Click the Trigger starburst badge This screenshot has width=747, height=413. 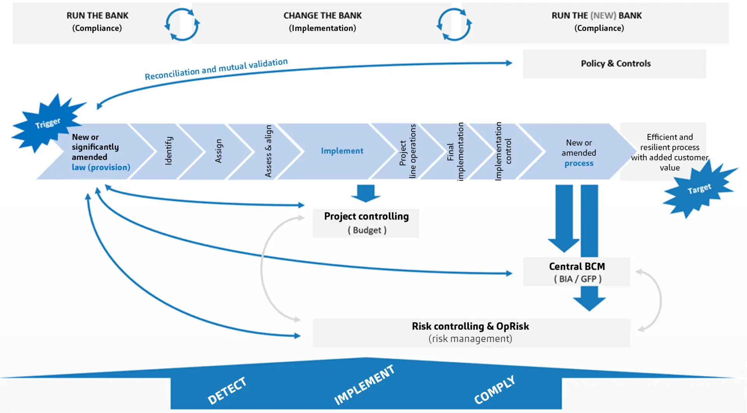[x=47, y=124]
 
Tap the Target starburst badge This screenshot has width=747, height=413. [x=699, y=190]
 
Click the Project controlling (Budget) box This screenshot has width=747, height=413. [x=366, y=223]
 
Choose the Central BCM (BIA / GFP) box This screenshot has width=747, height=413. [x=577, y=272]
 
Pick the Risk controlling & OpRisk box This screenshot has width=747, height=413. [x=471, y=332]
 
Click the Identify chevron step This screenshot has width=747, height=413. [x=168, y=151]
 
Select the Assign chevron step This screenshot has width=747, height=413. [x=218, y=151]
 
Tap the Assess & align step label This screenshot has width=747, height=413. [x=268, y=151]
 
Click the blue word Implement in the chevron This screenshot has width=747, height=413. [x=342, y=151]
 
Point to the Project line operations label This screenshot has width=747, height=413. [x=407, y=151]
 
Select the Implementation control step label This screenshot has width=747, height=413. [x=503, y=151]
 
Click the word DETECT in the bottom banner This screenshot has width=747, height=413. [x=227, y=391]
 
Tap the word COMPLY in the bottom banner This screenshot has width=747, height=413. [x=494, y=390]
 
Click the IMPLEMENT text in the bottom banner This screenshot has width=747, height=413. [x=364, y=385]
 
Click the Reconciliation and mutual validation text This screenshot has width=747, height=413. [x=216, y=69]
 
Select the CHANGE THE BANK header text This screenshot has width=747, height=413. [x=322, y=16]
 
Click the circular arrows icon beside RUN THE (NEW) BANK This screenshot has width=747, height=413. [x=454, y=24]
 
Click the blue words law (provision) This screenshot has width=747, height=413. [x=101, y=167]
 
